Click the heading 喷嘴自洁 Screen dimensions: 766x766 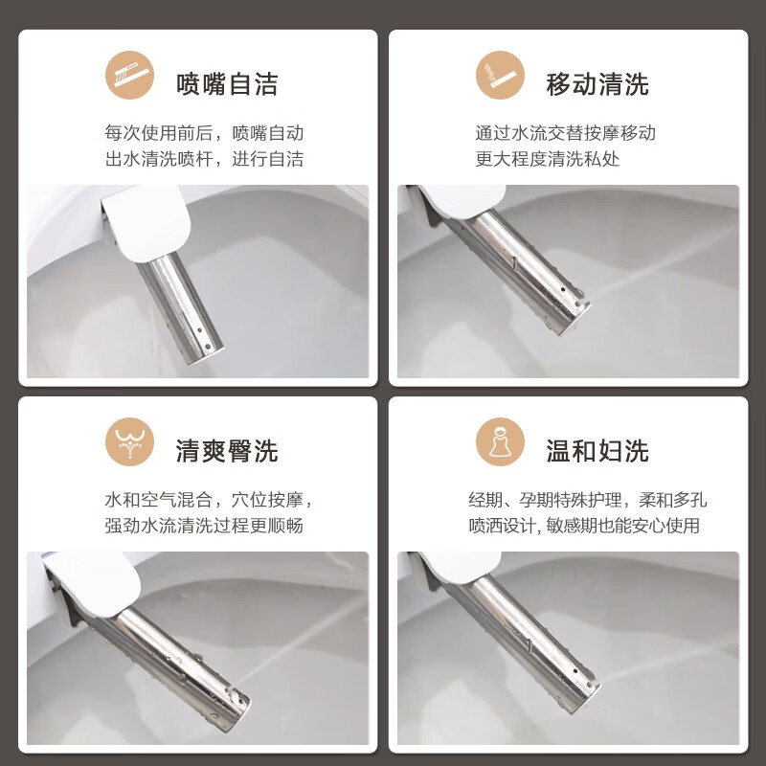227,84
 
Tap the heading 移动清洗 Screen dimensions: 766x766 597,84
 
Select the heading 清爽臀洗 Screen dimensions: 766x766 227,451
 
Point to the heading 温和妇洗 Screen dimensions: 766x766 597,451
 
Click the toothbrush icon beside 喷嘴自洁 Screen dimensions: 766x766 129,76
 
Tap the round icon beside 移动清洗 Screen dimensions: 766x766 500,76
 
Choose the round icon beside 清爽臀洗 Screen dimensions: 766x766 129,442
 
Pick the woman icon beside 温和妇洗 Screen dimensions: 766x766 500,442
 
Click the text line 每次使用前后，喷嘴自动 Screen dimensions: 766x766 204,133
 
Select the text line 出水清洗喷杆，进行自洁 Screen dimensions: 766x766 204,159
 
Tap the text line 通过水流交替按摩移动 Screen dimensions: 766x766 565,133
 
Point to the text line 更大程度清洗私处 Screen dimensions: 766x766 547,159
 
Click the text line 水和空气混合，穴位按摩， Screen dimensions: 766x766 210,500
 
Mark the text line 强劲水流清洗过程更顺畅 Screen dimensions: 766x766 204,526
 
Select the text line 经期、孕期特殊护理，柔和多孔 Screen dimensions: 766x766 588,500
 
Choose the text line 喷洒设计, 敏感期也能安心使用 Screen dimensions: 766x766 584,526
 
